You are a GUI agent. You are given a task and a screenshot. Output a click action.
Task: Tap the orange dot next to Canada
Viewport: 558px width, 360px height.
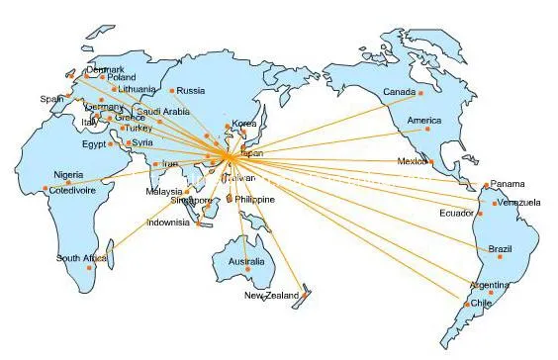point(419,93)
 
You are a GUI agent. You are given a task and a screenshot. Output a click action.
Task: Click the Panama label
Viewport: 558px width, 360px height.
point(508,184)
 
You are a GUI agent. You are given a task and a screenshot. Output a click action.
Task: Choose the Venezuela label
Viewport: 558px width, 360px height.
point(518,203)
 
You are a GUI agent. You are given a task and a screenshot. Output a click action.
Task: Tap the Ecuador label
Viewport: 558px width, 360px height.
point(456,213)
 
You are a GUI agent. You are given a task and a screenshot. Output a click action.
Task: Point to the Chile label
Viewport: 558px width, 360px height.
point(480,303)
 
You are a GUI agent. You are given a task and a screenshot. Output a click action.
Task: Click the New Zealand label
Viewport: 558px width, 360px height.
point(270,296)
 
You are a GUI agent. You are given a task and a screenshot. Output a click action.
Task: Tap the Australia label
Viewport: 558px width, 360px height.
point(246,261)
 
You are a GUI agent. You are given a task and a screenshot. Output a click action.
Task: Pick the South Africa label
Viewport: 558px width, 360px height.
point(81,258)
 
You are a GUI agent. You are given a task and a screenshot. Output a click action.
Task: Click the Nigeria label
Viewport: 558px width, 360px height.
point(68,174)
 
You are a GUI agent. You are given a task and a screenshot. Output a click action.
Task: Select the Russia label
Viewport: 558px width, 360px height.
point(191,91)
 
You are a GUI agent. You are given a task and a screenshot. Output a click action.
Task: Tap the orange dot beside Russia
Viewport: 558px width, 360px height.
point(172,91)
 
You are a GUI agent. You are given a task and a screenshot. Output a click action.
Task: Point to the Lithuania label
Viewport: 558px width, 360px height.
point(135,89)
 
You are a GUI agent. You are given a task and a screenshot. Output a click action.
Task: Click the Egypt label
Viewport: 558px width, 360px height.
point(93,143)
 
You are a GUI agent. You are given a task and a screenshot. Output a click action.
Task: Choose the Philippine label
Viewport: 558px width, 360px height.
point(254,199)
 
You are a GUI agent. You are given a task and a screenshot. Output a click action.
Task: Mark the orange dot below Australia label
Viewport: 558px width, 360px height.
point(249,271)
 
